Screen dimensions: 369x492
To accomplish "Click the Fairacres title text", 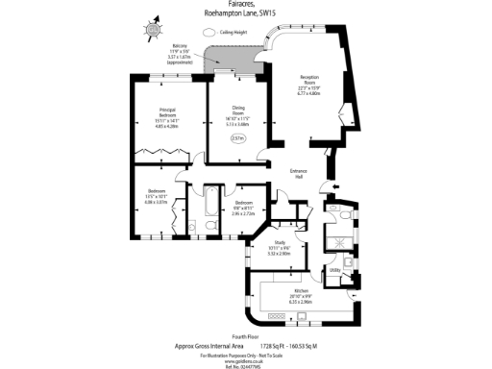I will click(x=248, y=5).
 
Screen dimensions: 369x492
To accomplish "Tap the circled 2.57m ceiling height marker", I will click(x=238, y=138).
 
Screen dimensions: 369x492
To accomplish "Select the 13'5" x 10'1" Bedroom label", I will click(x=156, y=198).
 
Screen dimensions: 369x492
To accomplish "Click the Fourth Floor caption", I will click(x=246, y=335).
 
